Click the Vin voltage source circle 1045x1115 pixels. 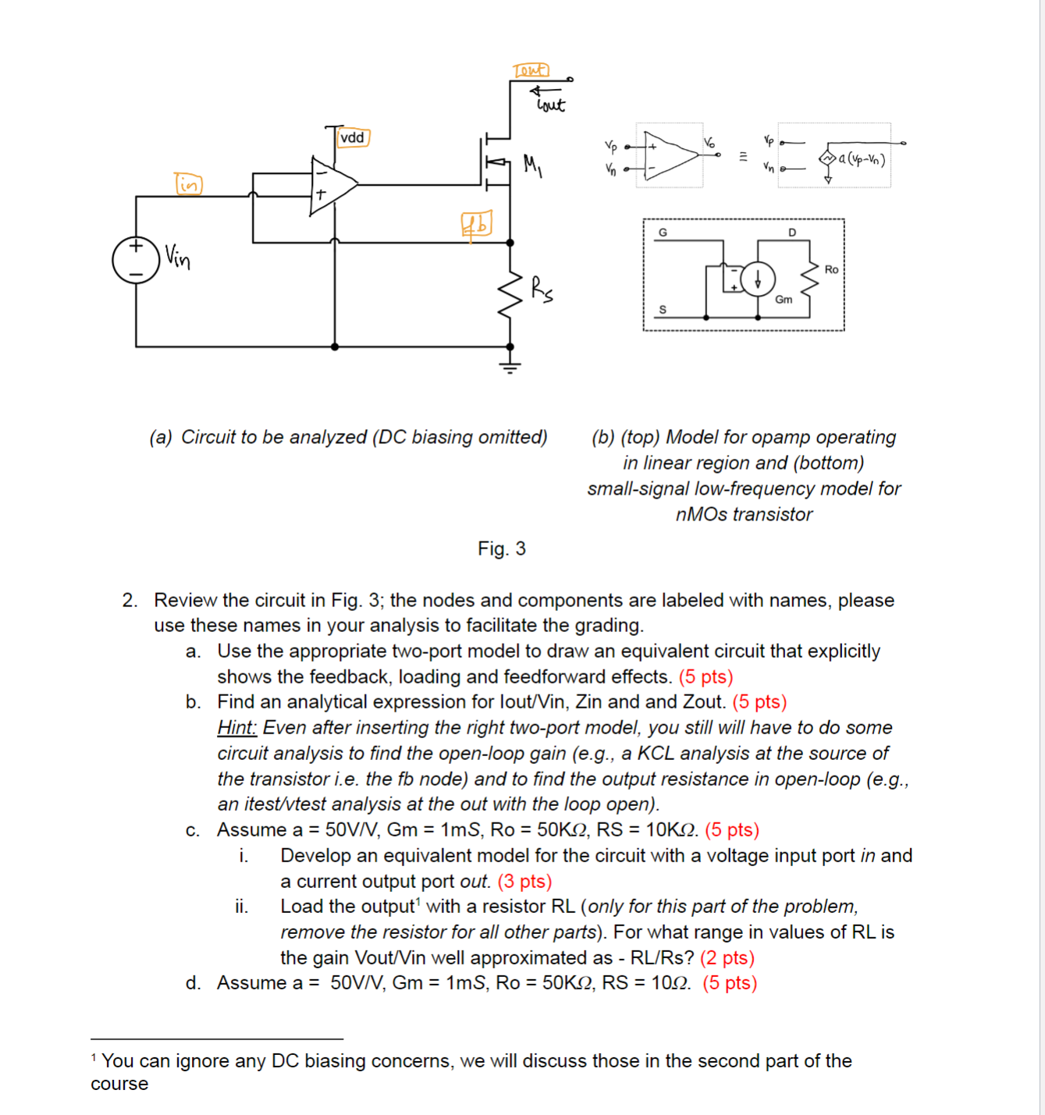pos(136,260)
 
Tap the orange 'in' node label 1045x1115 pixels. pos(188,184)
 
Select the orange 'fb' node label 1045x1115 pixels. pos(476,225)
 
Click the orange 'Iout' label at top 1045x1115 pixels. pos(531,70)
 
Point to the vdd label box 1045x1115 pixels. pos(353,138)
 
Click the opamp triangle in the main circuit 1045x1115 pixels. pos(332,185)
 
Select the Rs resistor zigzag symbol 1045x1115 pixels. pos(510,295)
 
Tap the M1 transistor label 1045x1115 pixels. pos(532,165)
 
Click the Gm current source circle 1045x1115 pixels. pos(757,279)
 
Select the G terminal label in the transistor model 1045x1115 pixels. pos(663,233)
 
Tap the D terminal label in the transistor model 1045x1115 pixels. pos(792,233)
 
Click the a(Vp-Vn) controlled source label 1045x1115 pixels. pos(862,159)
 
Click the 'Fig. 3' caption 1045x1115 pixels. pos(502,549)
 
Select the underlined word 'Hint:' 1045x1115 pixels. pos(236,727)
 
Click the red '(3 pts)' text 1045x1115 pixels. pos(524,881)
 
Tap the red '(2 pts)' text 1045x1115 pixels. pos(727,957)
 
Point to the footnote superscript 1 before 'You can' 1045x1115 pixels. pos(94,1058)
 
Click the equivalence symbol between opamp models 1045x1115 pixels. pos(743,156)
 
